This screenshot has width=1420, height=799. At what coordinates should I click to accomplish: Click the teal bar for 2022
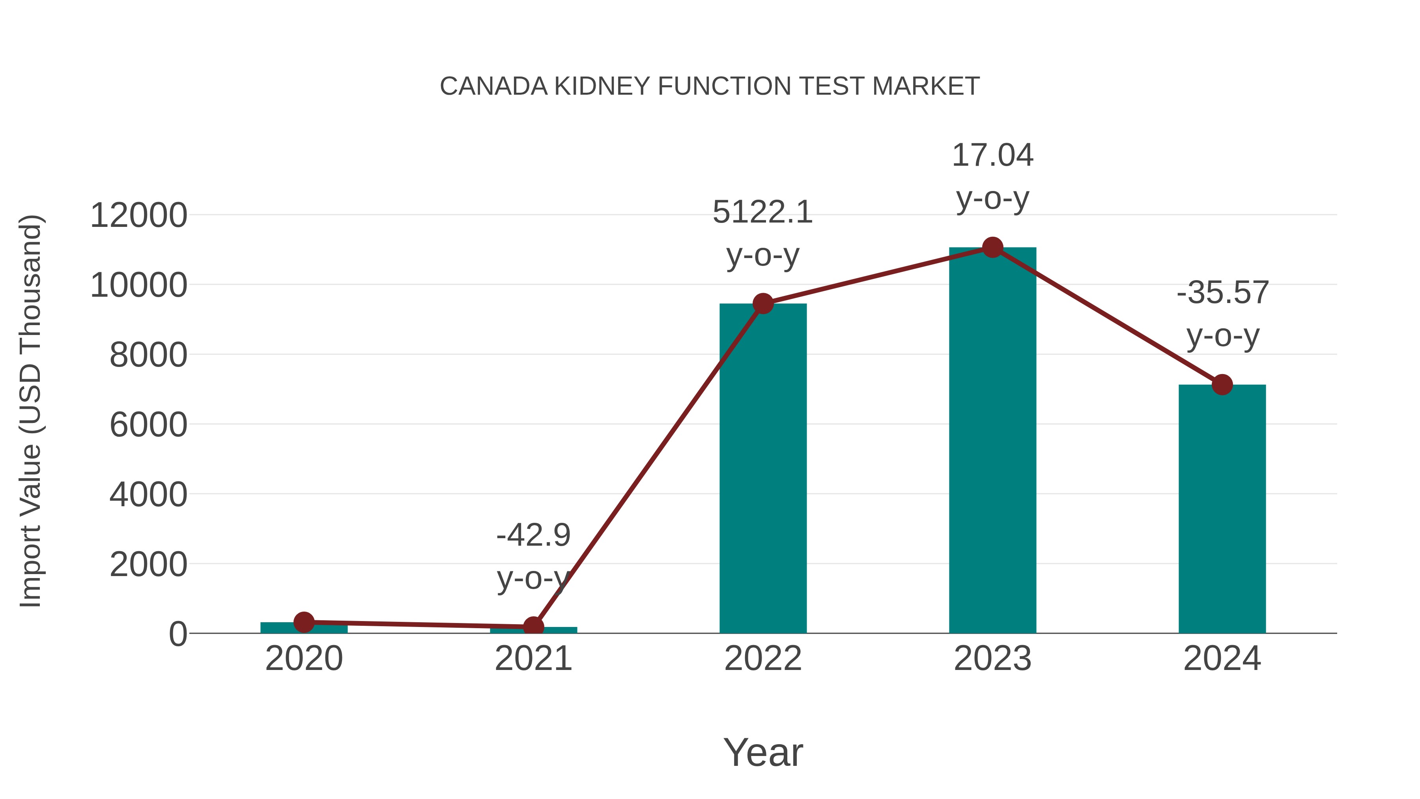coord(763,469)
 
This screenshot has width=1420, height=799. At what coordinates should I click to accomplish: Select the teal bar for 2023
coord(992,441)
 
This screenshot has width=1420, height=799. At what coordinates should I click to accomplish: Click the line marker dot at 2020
coord(304,622)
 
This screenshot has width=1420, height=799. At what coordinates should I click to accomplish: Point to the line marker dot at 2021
coord(533,627)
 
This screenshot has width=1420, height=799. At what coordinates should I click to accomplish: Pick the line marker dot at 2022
coord(763,303)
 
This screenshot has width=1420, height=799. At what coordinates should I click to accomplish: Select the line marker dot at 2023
coord(992,247)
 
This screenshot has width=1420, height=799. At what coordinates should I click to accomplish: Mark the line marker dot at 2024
coord(1222,384)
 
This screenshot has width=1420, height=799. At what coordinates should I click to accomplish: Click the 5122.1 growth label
coord(762,212)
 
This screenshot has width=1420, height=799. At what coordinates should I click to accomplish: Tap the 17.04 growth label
coord(992,155)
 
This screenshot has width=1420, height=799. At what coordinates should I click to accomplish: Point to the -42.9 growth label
coord(533,535)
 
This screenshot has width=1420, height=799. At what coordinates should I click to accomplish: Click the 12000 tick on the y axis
coord(138,215)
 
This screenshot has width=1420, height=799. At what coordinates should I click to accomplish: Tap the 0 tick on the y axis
coord(177,634)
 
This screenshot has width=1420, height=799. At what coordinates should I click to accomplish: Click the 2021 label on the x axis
coord(533,659)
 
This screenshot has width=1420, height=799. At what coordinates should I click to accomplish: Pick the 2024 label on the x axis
coord(1222,659)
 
